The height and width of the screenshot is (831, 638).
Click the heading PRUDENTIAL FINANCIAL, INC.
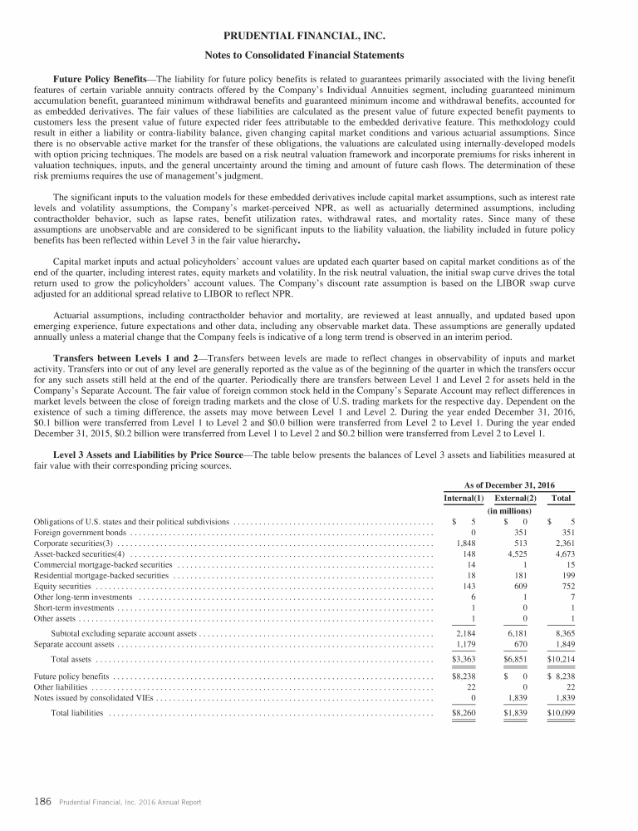click(319, 37)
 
